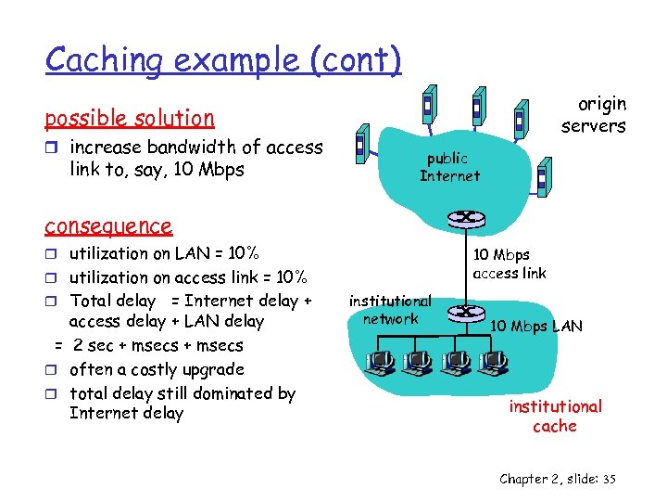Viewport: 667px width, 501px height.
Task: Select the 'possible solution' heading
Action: [x=130, y=118]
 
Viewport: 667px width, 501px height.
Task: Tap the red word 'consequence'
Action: [x=108, y=225]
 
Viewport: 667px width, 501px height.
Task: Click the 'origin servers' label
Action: [x=594, y=115]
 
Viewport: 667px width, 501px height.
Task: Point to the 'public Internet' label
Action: [x=449, y=167]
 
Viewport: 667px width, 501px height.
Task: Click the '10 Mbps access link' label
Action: [x=509, y=263]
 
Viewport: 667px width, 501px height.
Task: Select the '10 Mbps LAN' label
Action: [x=536, y=326]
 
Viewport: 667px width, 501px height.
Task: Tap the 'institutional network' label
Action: [x=390, y=310]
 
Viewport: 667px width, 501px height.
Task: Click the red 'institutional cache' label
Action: [x=554, y=416]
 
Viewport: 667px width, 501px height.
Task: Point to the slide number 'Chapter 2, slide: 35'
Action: [x=558, y=479]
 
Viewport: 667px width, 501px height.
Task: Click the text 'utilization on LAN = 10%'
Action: [x=164, y=253]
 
